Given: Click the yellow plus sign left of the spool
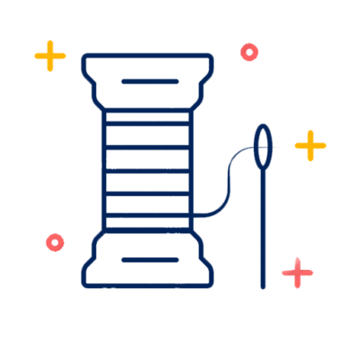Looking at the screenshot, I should pos(50,56).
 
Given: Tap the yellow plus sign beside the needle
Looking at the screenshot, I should pos(310,145).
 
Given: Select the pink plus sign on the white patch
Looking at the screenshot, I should pos(297,272).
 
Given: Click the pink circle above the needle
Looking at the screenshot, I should pos(249,52).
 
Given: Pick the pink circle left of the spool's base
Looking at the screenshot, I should pos(55,242).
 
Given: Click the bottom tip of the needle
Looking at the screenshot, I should pos(263,285).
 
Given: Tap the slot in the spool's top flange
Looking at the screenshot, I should pos(149,82).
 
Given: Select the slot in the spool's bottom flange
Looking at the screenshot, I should pos(149,260).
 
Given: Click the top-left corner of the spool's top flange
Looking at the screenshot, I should pos(85,58).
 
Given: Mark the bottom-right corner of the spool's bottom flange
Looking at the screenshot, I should pos(211,284).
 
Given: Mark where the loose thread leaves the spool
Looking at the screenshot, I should pos(194,215).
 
